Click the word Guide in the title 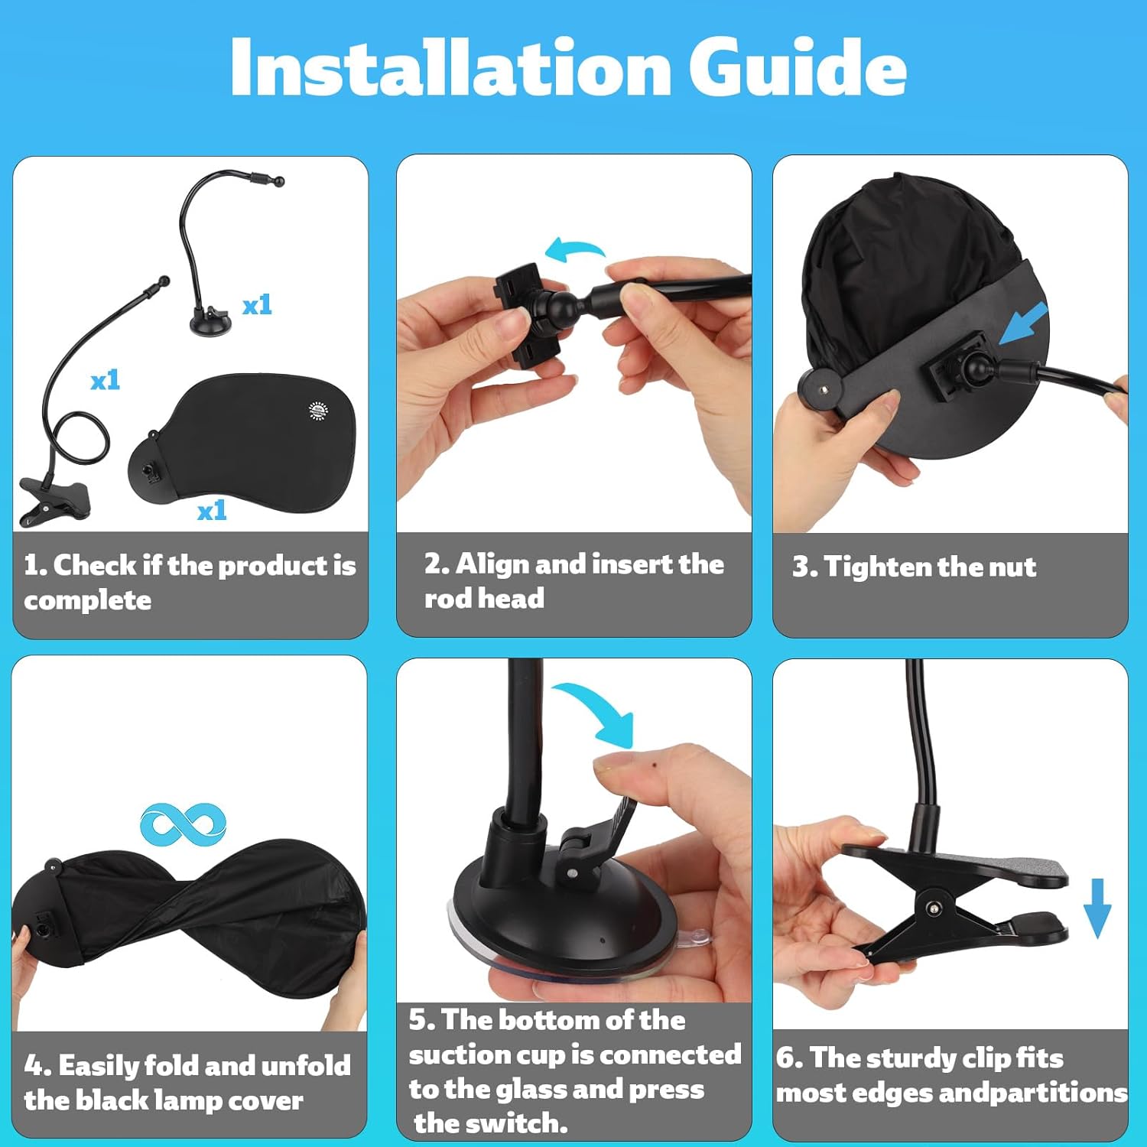798,67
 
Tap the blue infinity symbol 184,824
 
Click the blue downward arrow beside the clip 1097,908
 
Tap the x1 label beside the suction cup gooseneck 257,305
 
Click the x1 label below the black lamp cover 212,510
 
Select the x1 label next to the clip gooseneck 105,380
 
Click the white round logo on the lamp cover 317,410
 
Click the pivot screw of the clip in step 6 934,908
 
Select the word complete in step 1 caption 87,601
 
